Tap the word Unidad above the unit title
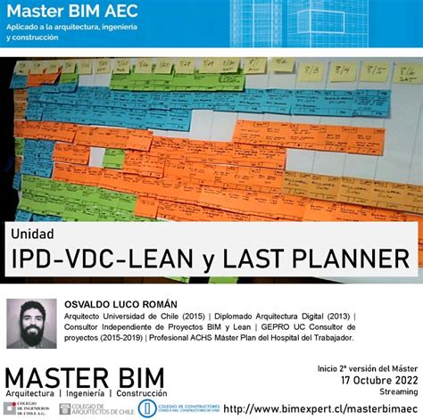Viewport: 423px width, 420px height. [32, 234]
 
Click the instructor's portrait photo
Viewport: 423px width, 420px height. [31, 323]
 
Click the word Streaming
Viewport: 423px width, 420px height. [398, 391]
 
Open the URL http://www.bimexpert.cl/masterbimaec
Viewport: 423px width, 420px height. [320, 408]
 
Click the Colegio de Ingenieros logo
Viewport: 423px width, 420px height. [26, 408]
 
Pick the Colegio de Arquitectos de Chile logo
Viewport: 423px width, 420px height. [95, 408]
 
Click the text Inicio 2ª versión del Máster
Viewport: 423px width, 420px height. [367, 367]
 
